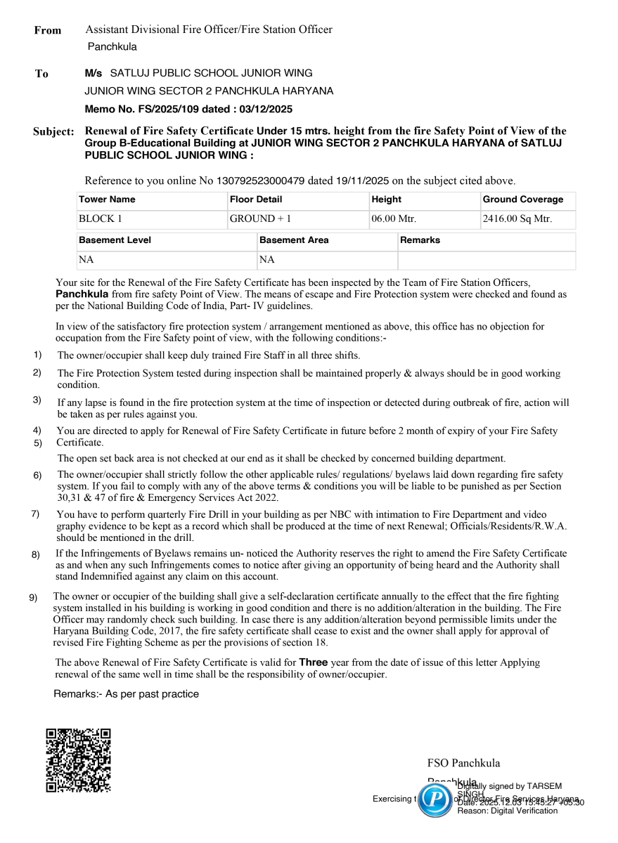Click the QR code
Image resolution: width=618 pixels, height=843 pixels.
[x=78, y=760]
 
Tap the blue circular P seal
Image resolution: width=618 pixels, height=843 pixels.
[x=435, y=799]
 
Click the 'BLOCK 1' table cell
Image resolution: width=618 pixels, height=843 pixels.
[x=96, y=218]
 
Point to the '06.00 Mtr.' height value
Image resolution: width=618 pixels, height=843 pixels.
[x=394, y=218]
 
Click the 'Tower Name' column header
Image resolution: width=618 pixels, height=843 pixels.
[x=107, y=200]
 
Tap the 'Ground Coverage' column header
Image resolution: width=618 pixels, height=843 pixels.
[x=523, y=200]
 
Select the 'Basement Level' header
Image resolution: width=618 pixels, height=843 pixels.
[x=115, y=240]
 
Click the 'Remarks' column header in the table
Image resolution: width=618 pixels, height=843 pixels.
[x=420, y=240]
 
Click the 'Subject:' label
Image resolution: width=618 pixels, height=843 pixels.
[x=53, y=132]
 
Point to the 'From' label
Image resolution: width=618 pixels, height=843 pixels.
[x=48, y=30]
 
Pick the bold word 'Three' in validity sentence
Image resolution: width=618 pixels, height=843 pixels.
[x=313, y=662]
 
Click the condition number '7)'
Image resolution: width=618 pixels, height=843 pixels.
[x=35, y=514]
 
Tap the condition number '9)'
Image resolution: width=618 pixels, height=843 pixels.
[x=33, y=597]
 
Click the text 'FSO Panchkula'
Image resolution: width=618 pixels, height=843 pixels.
[x=463, y=763]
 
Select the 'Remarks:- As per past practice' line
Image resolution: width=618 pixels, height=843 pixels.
[x=127, y=694]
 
